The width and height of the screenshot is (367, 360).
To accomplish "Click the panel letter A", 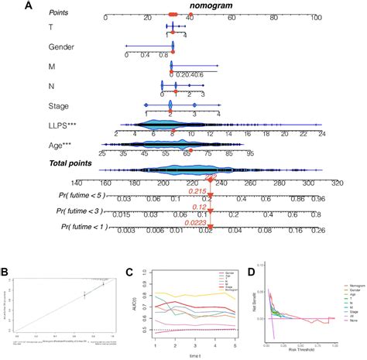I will tap(7, 7).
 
